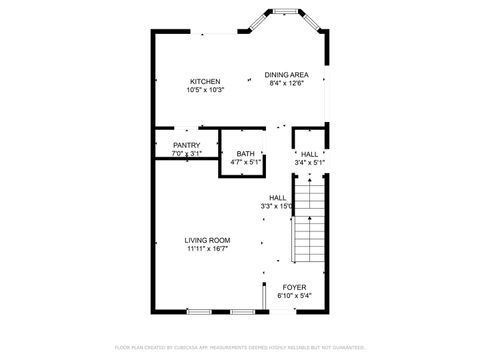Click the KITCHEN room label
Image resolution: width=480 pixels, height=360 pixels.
click(205, 81)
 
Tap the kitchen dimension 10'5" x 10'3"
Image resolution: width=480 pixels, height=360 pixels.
click(205, 90)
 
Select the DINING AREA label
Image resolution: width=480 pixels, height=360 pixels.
click(285, 75)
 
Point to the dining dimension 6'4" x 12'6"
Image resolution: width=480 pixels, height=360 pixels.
click(285, 84)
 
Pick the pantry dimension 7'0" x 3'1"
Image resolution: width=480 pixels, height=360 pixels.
click(187, 153)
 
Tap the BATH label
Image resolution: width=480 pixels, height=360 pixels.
click(245, 153)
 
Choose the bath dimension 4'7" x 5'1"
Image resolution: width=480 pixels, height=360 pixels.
click(245, 161)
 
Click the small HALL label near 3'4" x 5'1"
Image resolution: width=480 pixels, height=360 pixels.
click(310, 154)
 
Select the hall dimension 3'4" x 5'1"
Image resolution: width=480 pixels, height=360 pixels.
click(310, 162)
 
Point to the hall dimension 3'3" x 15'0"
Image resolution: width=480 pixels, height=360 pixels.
click(277, 206)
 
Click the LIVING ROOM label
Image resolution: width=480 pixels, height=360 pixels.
click(207, 240)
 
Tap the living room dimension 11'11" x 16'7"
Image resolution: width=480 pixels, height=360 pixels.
click(207, 249)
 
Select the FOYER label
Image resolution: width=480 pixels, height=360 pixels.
click(295, 287)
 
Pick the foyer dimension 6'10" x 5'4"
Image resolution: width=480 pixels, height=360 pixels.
click(295, 296)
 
